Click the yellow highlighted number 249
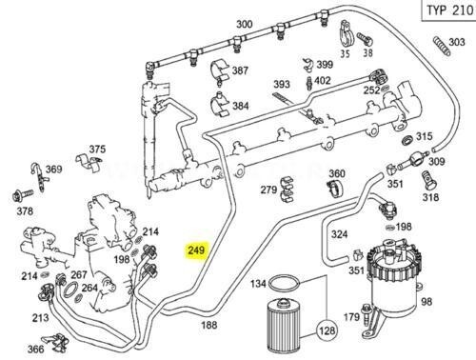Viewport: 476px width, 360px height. [196, 250]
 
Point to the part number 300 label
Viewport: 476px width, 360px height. [245, 24]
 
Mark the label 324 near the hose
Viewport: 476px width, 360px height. [338, 233]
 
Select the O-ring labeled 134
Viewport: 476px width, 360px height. [282, 285]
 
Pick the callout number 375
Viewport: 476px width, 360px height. [97, 150]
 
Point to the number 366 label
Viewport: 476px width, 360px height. [35, 349]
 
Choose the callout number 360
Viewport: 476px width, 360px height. [337, 174]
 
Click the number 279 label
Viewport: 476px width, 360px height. [269, 190]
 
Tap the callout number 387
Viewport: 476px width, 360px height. [240, 71]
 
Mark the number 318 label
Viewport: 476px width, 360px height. [430, 197]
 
